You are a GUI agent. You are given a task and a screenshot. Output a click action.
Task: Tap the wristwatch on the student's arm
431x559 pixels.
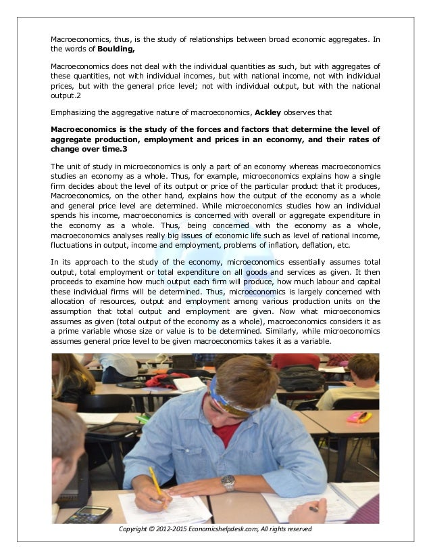228,483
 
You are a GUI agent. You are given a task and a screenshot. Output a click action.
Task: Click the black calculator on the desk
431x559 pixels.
88,514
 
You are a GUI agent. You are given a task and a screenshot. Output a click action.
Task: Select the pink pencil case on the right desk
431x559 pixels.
356,416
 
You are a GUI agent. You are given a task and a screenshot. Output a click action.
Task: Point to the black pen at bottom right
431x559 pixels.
313,508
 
